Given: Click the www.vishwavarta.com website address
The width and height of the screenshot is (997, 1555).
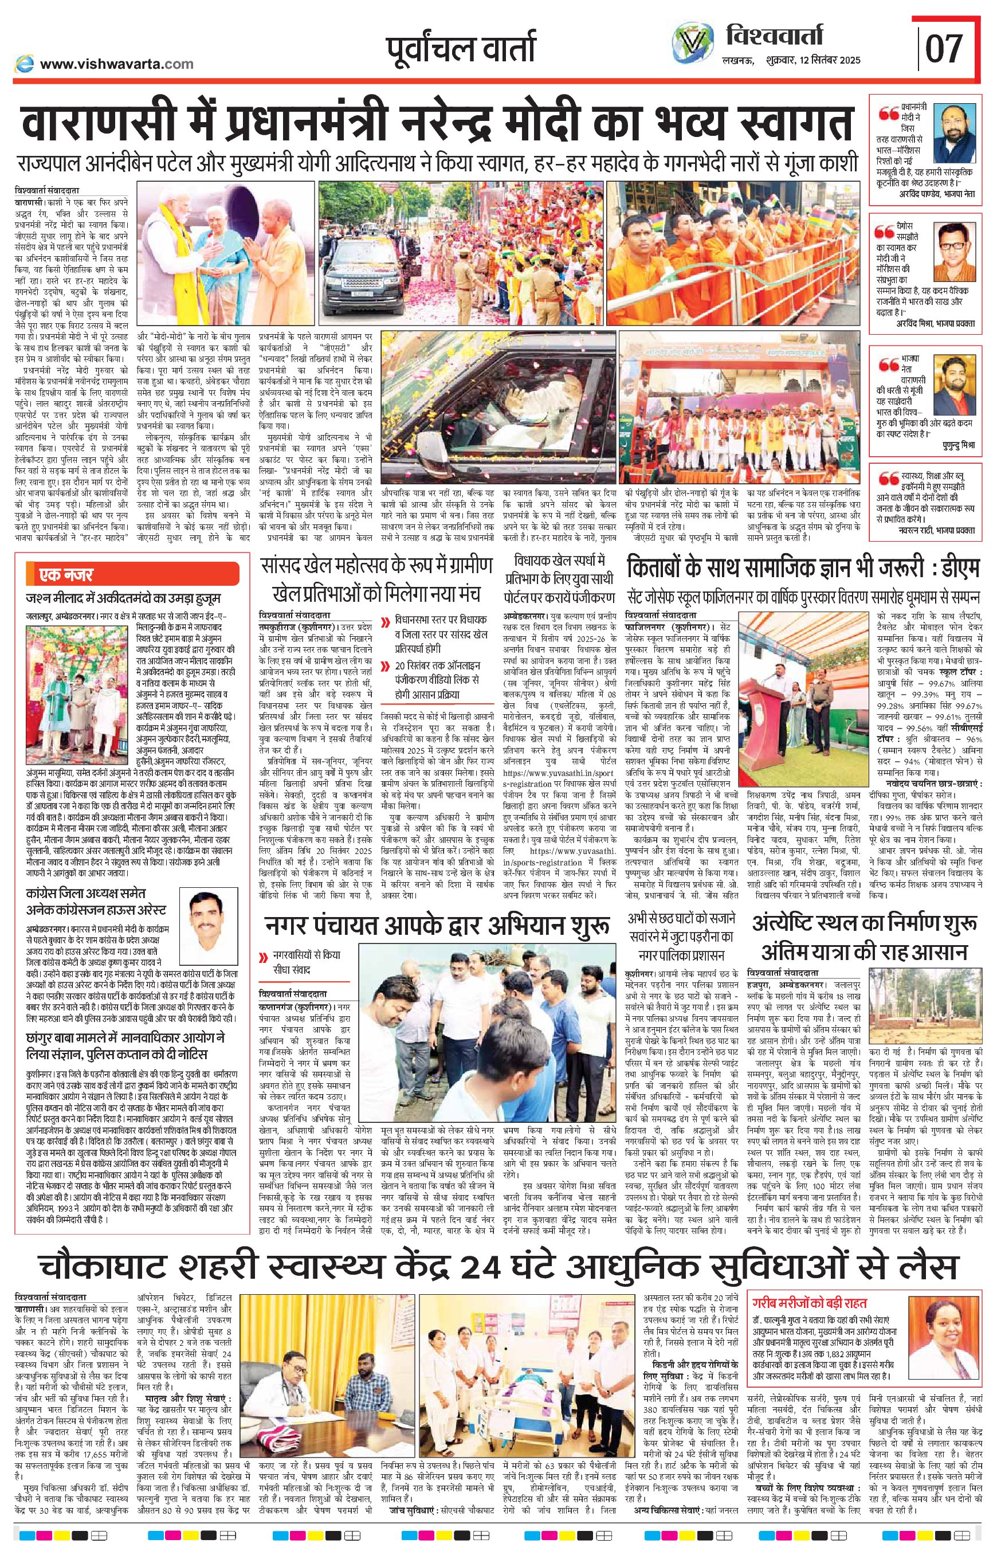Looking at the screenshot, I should (x=116, y=64).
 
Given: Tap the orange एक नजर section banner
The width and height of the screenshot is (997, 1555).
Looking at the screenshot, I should (x=133, y=574).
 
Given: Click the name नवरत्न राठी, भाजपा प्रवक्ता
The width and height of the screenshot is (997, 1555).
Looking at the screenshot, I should (x=937, y=530).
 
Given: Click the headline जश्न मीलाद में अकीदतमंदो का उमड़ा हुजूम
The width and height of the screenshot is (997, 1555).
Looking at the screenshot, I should (x=124, y=597).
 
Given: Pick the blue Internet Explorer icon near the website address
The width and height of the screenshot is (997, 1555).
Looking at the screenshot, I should (x=24, y=64).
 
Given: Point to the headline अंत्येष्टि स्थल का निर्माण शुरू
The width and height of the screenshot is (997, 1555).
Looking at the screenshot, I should (x=864, y=923).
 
